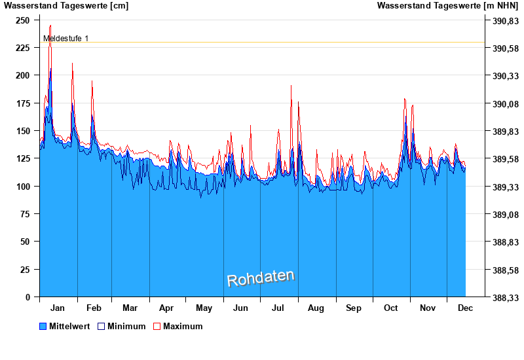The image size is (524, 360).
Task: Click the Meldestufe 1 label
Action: pyautogui.click(x=65, y=39)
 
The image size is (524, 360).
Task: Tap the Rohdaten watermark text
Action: pyautogui.click(x=261, y=278)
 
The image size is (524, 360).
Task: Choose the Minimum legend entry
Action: pyautogui.click(x=126, y=326)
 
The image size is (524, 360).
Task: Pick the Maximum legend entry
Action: pyautogui.click(x=183, y=326)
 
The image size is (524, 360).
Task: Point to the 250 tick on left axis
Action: pyautogui.click(x=23, y=20)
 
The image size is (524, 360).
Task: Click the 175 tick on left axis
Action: pyautogui.click(x=23, y=103)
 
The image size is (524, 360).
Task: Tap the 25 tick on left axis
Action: pyautogui.click(x=26, y=270)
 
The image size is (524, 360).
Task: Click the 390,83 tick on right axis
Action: pyautogui.click(x=505, y=21)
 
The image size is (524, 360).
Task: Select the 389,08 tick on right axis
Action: pyautogui.click(x=505, y=215)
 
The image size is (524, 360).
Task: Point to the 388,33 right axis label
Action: pyautogui.click(x=505, y=298)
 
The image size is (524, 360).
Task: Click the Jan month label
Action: pyautogui.click(x=58, y=308)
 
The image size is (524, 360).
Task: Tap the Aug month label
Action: pyautogui.click(x=316, y=308)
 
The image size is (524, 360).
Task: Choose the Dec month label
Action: pyautogui.click(x=465, y=308)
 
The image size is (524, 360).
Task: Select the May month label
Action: pyautogui.click(x=204, y=308)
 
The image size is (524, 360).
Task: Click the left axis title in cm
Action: pyautogui.click(x=66, y=6)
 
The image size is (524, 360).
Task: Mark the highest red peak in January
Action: pyautogui.click(x=50, y=26)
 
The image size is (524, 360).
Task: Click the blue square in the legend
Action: pyautogui.click(x=43, y=326)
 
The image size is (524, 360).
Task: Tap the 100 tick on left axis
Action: pyautogui.click(x=23, y=187)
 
